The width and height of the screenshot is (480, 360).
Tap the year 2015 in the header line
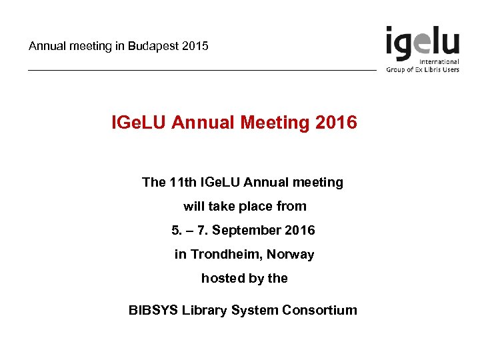coord(194,46)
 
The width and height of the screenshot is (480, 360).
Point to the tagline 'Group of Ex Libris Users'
coord(423,69)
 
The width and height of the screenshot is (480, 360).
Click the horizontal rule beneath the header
coord(200,71)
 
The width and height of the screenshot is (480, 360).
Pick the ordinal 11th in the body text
coord(184,182)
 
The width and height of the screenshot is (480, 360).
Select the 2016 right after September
coord(299,230)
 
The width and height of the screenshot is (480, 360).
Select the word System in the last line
coord(255,310)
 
